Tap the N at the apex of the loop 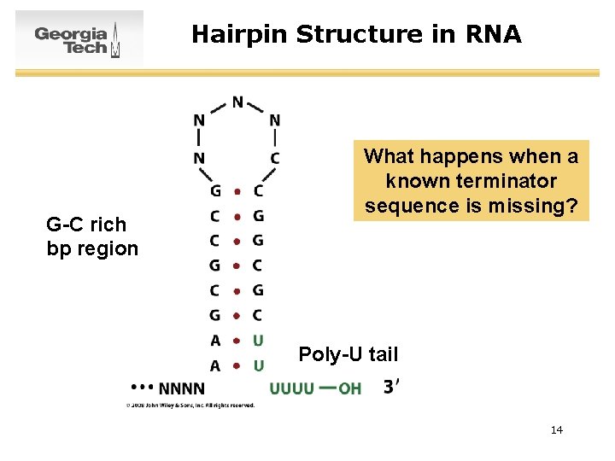click(237, 103)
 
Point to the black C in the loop click(274, 159)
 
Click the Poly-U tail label click(348, 353)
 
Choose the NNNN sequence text click(182, 388)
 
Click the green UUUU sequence click(291, 389)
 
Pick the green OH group click(350, 389)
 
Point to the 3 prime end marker click(390, 388)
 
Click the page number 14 click(556, 429)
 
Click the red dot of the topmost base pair click(237, 191)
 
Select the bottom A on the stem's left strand click(215, 366)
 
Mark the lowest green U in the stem click(258, 366)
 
